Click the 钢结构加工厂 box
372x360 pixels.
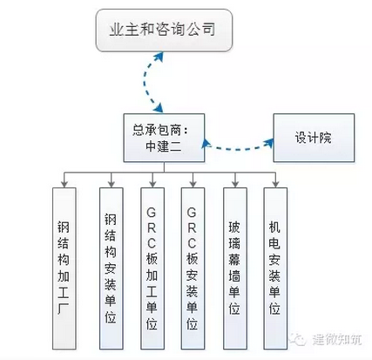pyautogui.click(x=64, y=261)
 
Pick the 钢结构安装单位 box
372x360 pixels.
pyautogui.click(x=109, y=261)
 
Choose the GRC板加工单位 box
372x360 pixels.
pyautogui.click(x=152, y=261)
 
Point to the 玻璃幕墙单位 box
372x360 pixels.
pyautogui.click(x=233, y=261)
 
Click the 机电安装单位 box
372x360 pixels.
pyautogui.click(x=275, y=261)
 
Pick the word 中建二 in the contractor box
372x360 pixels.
pyautogui.click(x=163, y=146)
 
